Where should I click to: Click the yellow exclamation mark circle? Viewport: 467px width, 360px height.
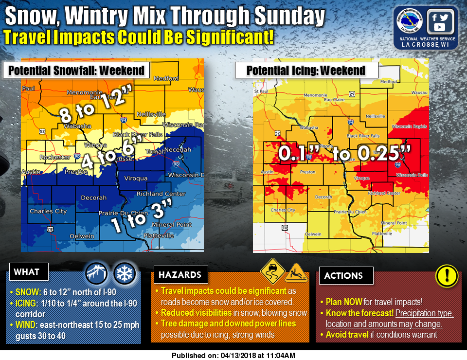(x=447, y=276)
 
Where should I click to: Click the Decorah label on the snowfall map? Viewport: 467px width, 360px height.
(x=93, y=198)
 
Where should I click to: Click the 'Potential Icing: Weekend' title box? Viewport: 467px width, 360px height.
(x=306, y=71)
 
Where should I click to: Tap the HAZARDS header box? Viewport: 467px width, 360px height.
(x=180, y=275)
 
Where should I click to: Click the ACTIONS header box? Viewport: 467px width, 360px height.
(x=343, y=275)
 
